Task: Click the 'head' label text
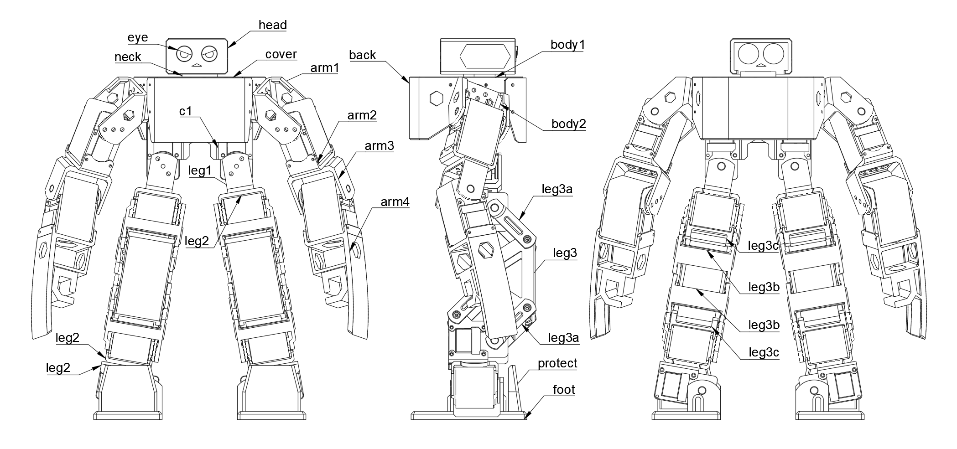272,25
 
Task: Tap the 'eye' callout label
138,37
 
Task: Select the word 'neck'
128,57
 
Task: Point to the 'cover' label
281,54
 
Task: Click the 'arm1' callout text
325,68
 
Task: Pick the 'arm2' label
362,115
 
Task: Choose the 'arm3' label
379,146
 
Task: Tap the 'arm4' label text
395,202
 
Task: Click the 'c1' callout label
186,111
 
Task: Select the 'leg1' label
200,171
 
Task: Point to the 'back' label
363,55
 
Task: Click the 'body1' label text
567,45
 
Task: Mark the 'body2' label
568,124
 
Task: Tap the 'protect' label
557,363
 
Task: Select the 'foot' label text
564,390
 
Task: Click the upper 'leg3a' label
557,189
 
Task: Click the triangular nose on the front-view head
197,65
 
